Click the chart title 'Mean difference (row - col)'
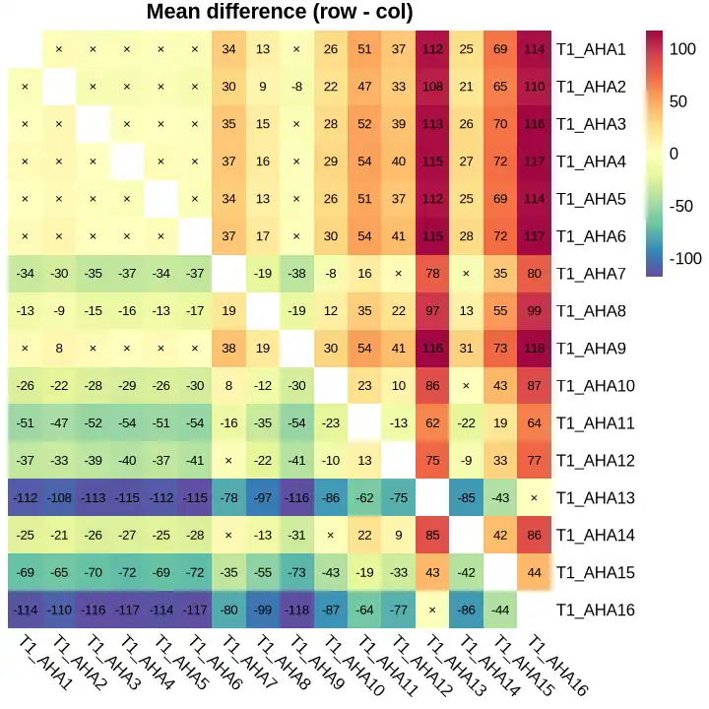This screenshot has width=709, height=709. [x=280, y=13]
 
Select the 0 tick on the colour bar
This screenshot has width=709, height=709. [x=675, y=153]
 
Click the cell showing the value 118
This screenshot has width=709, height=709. [x=534, y=348]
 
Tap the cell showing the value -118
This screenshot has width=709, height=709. [x=296, y=610]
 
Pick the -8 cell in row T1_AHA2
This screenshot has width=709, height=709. [x=296, y=86]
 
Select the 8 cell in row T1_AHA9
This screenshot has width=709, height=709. [x=59, y=348]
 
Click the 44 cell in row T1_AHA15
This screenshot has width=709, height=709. [x=534, y=572]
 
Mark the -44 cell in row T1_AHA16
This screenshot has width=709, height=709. [x=500, y=610]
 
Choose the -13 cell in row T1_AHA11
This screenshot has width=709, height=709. [x=398, y=422]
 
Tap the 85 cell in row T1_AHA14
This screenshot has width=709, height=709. [x=432, y=535]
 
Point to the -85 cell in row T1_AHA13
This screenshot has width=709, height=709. [x=466, y=497]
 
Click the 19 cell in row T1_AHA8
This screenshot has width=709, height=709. [x=228, y=310]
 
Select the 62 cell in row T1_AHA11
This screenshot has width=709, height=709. [x=432, y=422]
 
